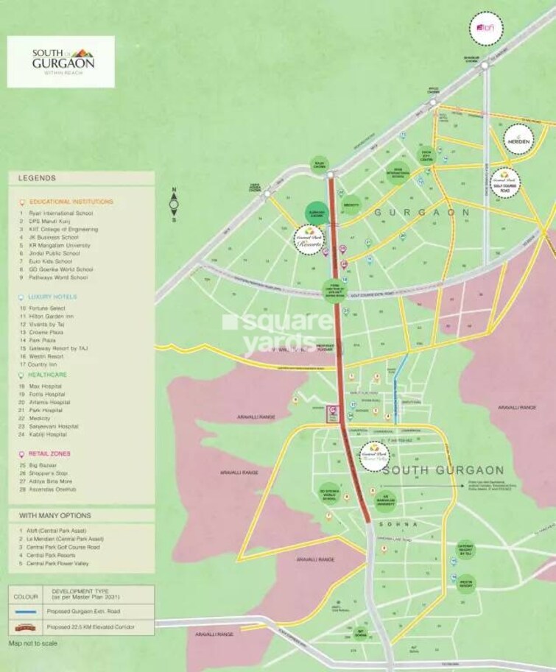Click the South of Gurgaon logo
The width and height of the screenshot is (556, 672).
[x=61, y=61]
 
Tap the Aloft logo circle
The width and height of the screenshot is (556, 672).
[x=486, y=29]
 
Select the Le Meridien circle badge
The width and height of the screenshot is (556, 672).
[x=521, y=140]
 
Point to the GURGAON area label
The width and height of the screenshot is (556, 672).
[x=422, y=212]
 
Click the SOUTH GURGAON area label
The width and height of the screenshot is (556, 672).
[x=443, y=470]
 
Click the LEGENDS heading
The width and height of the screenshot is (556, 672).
[x=37, y=178]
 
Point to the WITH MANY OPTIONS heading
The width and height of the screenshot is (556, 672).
[x=55, y=515]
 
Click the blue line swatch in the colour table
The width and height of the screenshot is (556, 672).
[x=27, y=612]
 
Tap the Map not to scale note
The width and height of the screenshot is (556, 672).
[x=33, y=643]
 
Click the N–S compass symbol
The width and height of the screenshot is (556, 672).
[x=175, y=206]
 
